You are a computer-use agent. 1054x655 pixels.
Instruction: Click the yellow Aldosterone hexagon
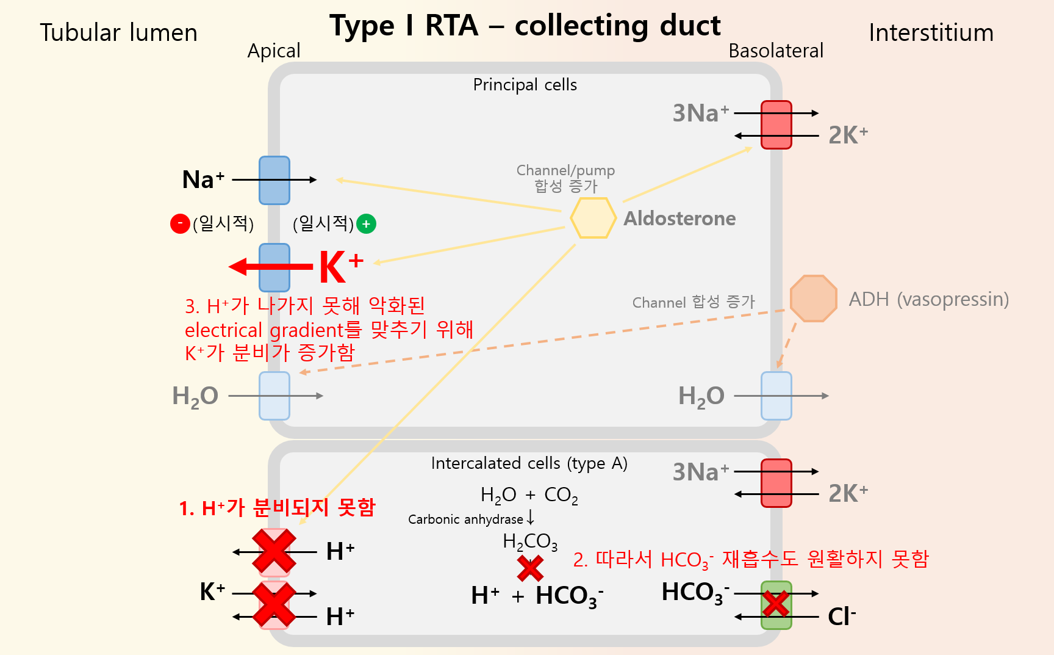click(592, 218)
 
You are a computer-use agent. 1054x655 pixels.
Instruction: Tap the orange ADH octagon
click(813, 299)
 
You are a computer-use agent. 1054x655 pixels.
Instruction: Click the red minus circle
click(180, 224)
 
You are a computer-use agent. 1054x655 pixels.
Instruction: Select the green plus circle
click(366, 224)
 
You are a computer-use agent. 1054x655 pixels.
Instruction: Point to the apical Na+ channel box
click(274, 180)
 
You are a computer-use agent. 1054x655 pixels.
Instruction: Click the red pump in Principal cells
click(776, 125)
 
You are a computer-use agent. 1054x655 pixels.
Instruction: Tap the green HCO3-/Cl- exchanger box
click(776, 605)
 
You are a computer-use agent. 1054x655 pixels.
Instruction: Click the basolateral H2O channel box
click(776, 396)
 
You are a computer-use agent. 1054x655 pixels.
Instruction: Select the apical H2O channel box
click(274, 396)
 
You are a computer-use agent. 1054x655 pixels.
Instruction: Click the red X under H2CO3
click(530, 568)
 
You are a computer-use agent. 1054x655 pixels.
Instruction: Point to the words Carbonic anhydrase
click(465, 519)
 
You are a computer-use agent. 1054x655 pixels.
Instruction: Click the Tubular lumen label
click(119, 33)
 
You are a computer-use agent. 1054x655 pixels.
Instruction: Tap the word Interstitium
click(931, 33)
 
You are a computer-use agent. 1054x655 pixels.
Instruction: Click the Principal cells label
click(525, 85)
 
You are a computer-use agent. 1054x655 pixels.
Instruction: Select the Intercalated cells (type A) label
click(529, 463)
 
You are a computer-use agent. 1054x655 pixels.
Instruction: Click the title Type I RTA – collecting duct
click(525, 26)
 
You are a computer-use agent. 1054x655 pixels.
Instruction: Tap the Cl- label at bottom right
click(841, 617)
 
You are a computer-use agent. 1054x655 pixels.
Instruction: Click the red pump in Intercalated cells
click(776, 483)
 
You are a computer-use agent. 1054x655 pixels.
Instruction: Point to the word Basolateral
click(776, 51)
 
